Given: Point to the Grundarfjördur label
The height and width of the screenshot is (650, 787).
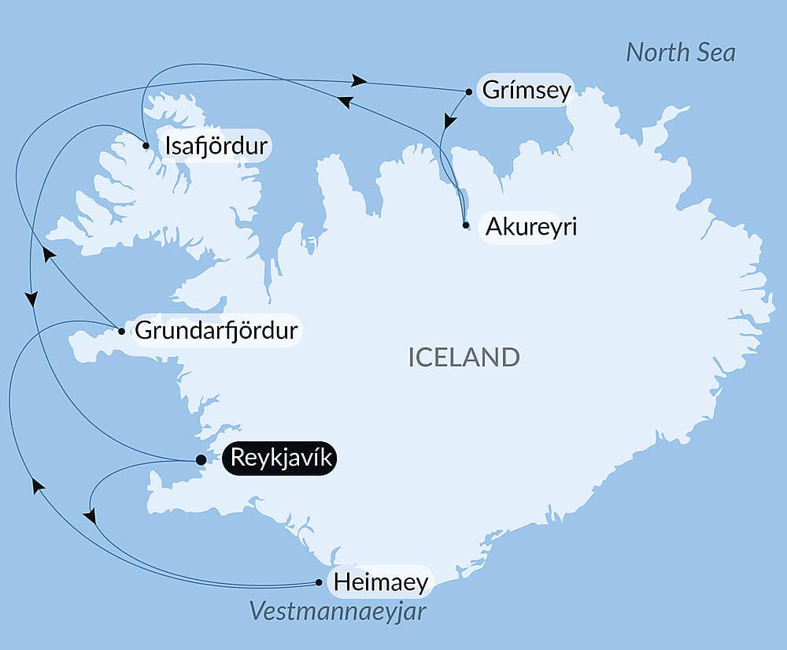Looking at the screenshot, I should point(216,330).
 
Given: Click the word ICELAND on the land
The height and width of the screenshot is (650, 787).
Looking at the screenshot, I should point(464,357).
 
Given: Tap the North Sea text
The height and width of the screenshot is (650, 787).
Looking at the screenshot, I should point(680,53).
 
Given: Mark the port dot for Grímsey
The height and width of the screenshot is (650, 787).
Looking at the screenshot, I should point(469,91).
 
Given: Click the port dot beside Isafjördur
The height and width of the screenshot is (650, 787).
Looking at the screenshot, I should point(146,146).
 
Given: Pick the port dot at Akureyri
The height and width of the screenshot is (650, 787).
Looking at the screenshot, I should point(466,225).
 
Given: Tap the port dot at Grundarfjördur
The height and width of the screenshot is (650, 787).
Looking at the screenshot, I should point(121,331).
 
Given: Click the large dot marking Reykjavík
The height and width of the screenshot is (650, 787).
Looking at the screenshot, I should point(201,460).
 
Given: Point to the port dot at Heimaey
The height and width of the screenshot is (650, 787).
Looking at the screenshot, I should point(319,583).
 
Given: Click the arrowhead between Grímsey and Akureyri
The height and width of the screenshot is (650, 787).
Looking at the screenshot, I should point(449,121).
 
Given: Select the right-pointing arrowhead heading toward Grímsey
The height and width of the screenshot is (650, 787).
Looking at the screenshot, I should point(360,80).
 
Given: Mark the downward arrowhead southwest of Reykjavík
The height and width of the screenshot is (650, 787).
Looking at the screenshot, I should point(91,517).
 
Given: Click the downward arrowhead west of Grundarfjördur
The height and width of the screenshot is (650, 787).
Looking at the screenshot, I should point(31,299).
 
